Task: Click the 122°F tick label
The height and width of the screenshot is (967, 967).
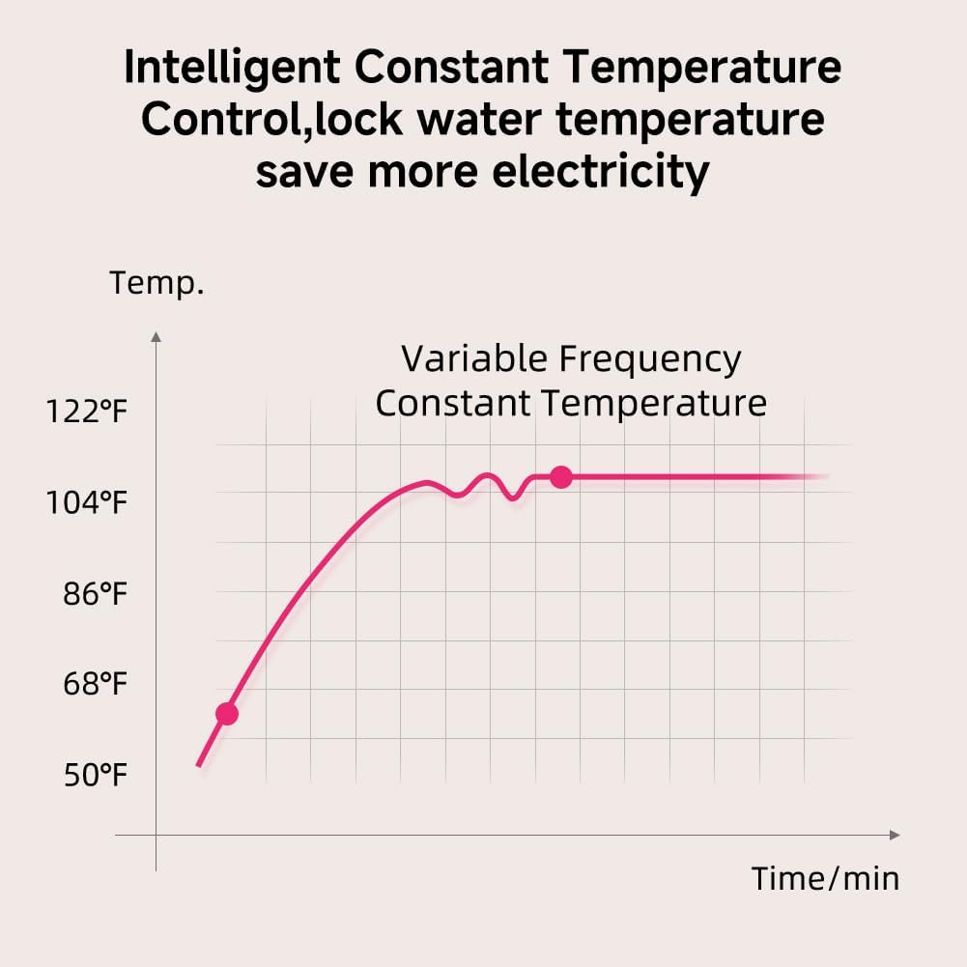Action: (x=87, y=412)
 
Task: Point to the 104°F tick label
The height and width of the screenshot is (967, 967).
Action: (x=87, y=503)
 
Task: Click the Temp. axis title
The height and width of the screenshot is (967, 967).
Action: (x=156, y=284)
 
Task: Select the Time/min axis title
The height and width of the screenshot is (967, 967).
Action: (x=825, y=878)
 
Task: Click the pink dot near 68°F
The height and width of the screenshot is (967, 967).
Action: (x=227, y=714)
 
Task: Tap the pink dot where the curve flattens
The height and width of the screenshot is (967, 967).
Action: (x=560, y=476)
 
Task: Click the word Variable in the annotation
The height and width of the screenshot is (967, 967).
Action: (x=474, y=358)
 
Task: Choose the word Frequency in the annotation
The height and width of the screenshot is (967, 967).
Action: (x=650, y=359)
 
